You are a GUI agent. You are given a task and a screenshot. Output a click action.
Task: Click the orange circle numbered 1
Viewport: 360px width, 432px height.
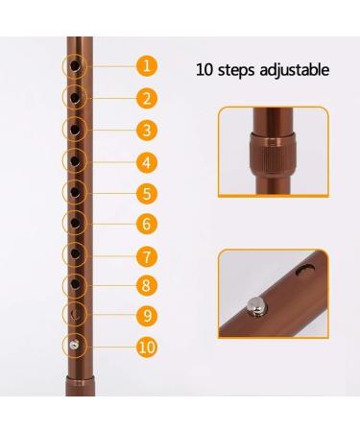pyautogui.click(x=146, y=66)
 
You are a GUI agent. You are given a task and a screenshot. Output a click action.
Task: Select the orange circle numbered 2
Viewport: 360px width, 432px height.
pyautogui.click(x=146, y=98)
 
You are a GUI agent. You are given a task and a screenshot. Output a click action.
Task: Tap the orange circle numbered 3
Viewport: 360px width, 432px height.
pyautogui.click(x=146, y=130)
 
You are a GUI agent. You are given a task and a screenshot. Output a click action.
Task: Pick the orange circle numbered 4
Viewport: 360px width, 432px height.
pyautogui.click(x=146, y=160)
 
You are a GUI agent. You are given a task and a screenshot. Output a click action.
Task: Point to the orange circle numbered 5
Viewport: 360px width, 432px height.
pyautogui.click(x=146, y=192)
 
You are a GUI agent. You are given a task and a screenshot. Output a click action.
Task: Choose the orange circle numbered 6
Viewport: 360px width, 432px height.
pyautogui.click(x=146, y=224)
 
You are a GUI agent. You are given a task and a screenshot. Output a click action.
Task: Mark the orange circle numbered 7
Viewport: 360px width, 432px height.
pyautogui.click(x=146, y=255)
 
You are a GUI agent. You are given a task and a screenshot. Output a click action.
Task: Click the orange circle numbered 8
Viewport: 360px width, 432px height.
pyautogui.click(x=146, y=284)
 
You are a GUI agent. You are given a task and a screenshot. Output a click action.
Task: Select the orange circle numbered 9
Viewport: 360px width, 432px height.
pyautogui.click(x=146, y=314)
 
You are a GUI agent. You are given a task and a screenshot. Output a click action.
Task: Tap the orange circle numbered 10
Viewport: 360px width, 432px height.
pyautogui.click(x=146, y=346)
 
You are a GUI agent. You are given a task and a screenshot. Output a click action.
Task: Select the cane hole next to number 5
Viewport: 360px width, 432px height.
pyautogui.click(x=74, y=192)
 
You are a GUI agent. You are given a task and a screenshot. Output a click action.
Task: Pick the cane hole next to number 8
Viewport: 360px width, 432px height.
pyautogui.click(x=74, y=284)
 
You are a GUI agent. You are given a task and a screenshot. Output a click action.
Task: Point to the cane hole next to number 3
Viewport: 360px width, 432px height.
pyautogui.click(x=74, y=130)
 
